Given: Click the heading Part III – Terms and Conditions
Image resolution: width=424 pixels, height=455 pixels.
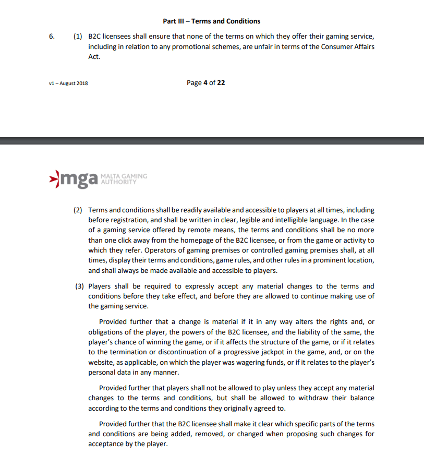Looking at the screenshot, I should pos(212,21).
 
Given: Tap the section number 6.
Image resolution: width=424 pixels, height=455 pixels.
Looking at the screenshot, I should pos(51,37).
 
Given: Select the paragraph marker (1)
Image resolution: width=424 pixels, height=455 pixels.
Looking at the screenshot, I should pos(77,37).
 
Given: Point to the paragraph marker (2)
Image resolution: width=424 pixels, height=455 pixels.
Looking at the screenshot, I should pos(78,210).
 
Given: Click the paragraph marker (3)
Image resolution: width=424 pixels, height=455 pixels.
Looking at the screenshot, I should pos(78,286).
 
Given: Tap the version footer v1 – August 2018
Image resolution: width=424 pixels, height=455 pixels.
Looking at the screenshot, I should pos(68,83).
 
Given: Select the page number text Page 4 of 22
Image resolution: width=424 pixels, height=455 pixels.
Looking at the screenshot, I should pos(205,82).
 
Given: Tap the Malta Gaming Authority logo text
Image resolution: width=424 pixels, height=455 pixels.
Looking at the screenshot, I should pos(123,179).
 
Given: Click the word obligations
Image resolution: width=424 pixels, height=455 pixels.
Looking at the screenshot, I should pos(107,332).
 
